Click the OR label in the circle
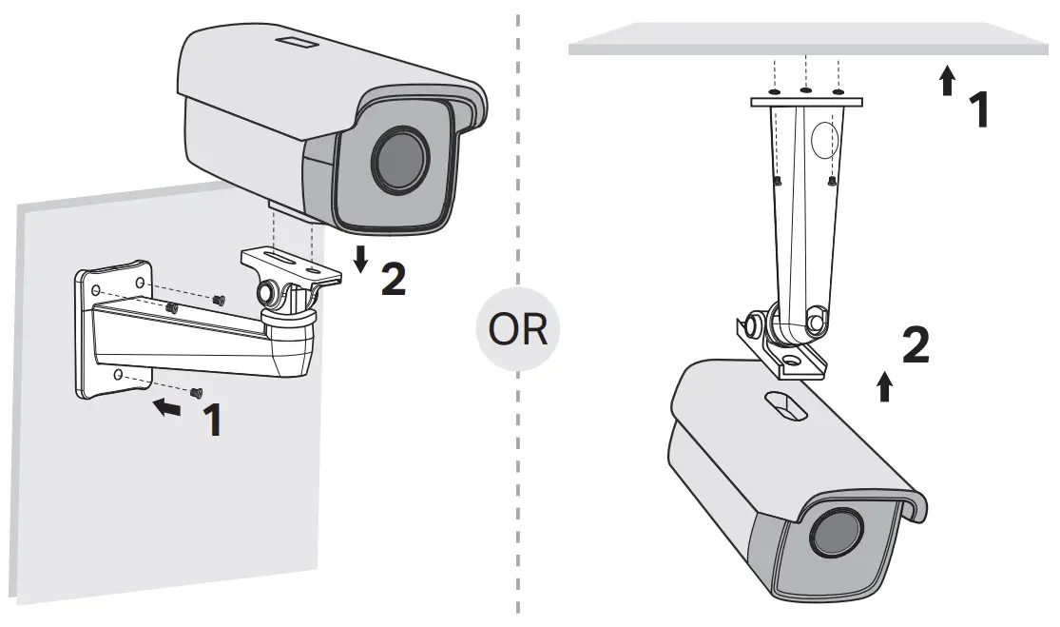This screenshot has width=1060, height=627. click(518, 331)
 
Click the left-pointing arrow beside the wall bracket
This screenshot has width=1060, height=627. click(167, 408)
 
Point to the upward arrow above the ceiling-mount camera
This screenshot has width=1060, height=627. click(885, 385)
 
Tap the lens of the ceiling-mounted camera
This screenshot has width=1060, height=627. click(833, 533)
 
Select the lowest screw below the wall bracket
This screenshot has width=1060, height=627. click(197, 392)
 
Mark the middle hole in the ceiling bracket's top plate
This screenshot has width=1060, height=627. click(805, 91)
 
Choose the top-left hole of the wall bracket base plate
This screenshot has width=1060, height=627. click(94, 285)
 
